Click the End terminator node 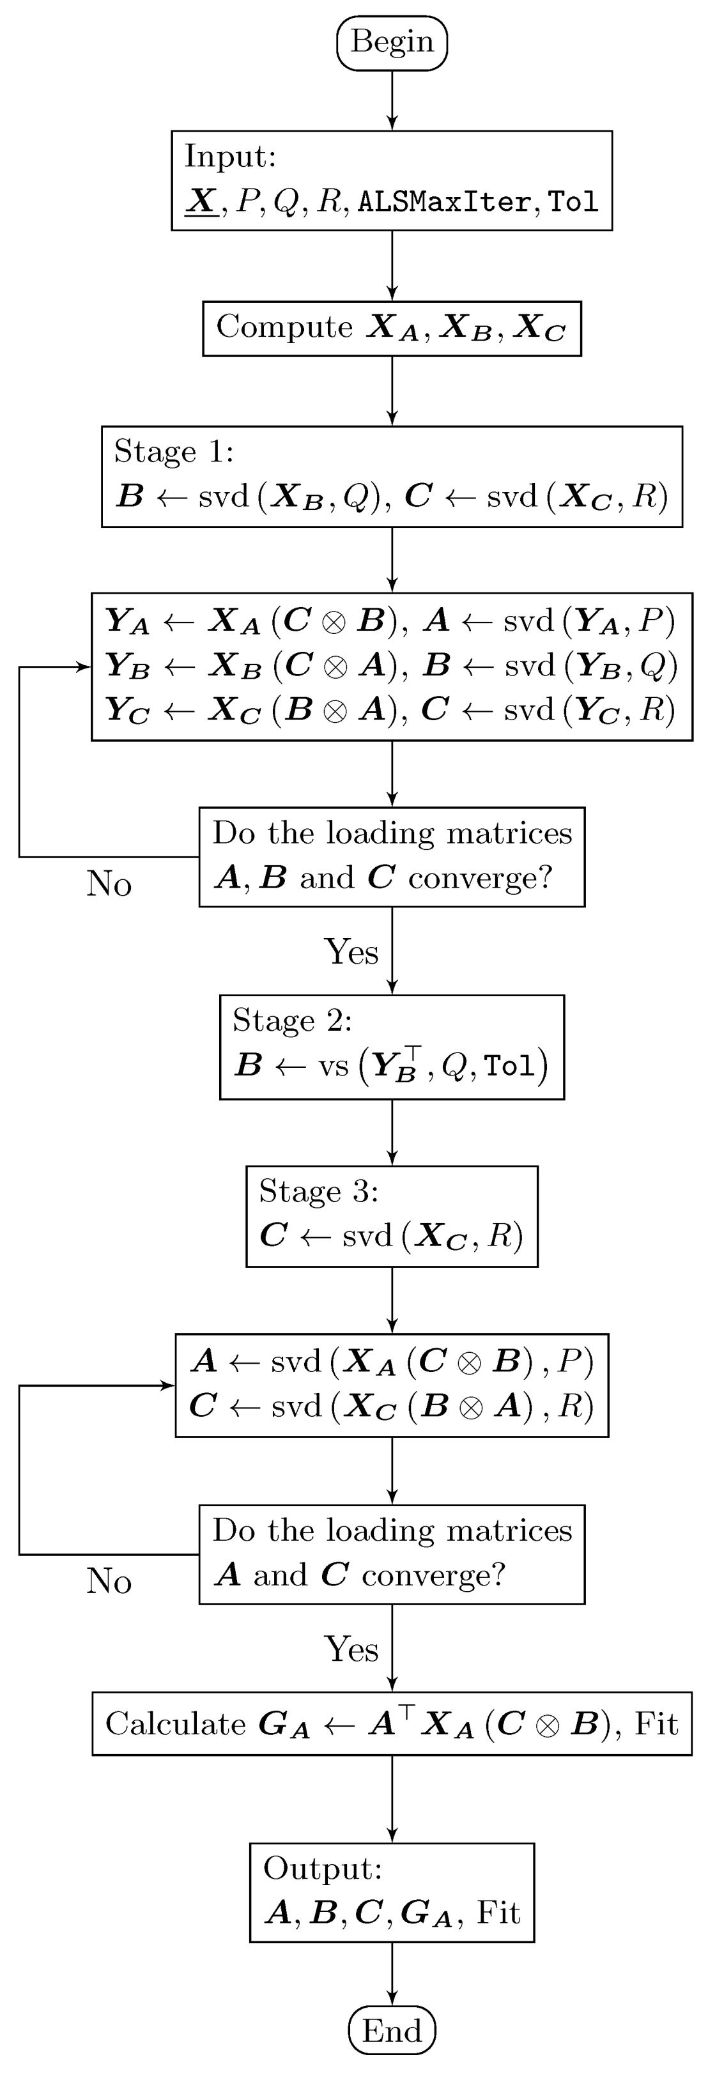click(392, 2030)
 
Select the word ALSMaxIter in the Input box click(445, 201)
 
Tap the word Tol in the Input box click(574, 201)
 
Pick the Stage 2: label click(292, 1021)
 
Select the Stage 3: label click(318, 1191)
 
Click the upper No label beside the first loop click(109, 884)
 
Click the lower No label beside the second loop click(109, 1582)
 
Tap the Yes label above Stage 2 click(351, 952)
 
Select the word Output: click(322, 1868)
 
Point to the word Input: click(230, 156)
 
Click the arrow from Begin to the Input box click(392, 100)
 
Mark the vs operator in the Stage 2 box click(333, 1065)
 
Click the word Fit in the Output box click(499, 1912)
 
